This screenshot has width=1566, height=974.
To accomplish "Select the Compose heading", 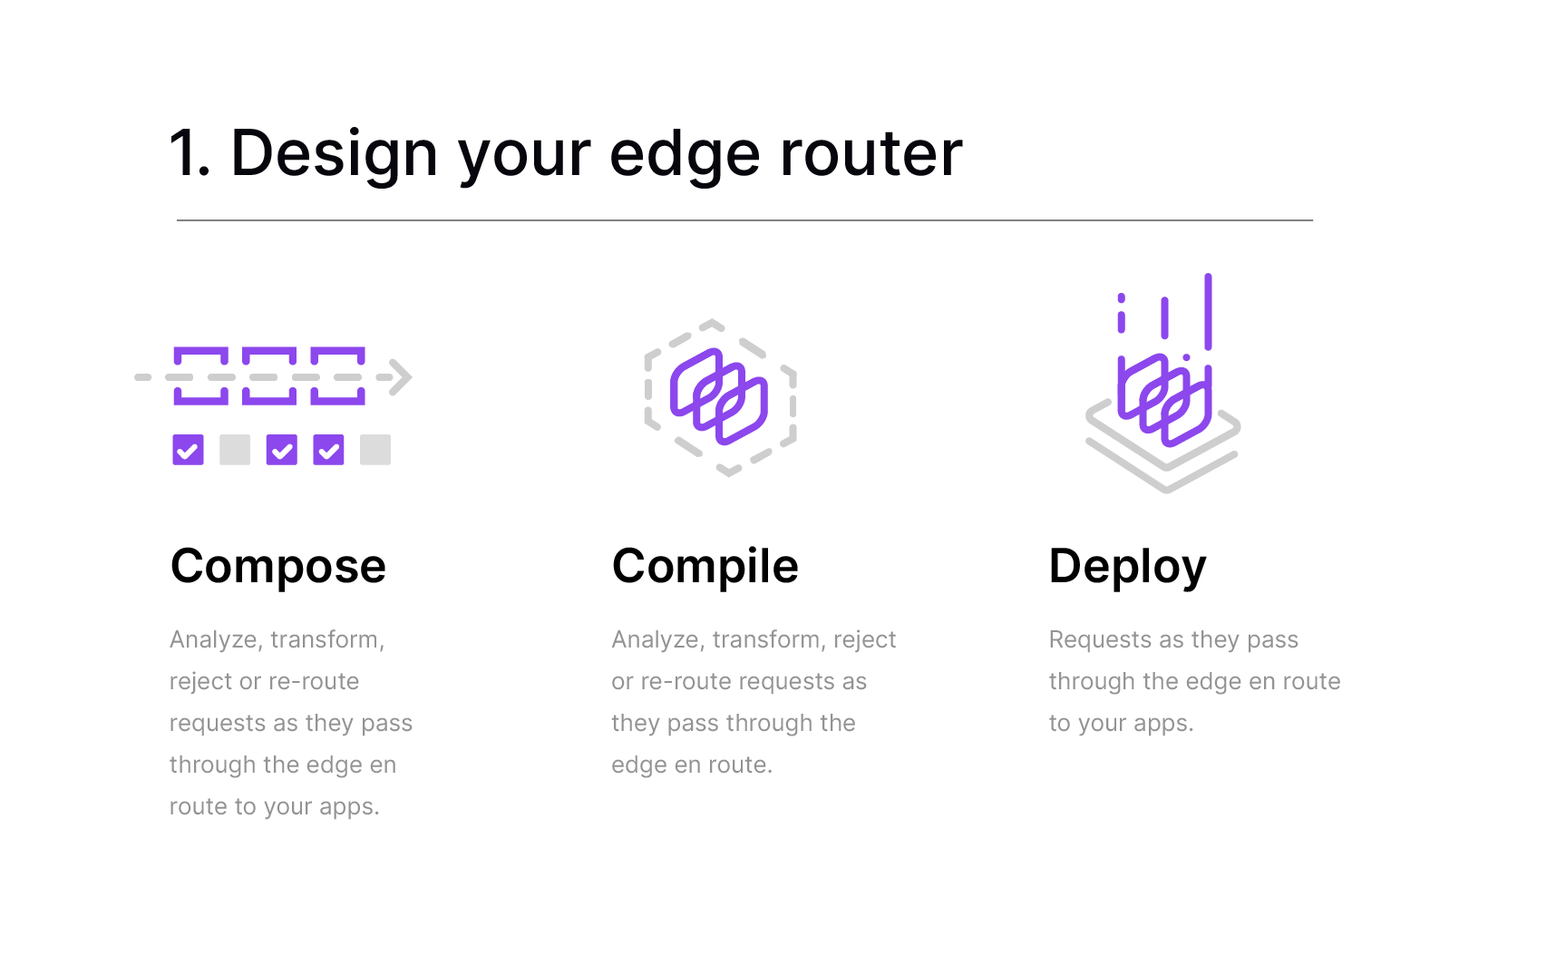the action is [x=278, y=567].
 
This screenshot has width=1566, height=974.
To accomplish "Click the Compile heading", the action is [x=705, y=567].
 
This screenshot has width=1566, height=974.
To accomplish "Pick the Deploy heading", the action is [x=1127, y=567].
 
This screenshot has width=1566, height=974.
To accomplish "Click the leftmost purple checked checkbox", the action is [x=188, y=450].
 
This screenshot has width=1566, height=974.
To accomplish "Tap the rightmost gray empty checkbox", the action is [x=375, y=450].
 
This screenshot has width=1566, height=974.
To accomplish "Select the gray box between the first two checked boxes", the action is [x=235, y=450].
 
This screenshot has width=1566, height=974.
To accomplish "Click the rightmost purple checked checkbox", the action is [x=328, y=450].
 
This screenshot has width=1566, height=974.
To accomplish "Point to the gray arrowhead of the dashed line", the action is [x=401, y=377].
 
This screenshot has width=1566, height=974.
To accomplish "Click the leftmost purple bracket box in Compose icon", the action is [x=200, y=351].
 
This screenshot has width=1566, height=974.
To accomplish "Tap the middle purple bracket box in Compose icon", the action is [x=269, y=351].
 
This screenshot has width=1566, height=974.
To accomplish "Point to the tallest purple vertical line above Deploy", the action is [x=1208, y=311].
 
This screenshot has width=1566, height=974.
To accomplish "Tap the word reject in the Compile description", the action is [x=865, y=640].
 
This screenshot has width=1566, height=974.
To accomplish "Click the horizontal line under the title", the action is [x=744, y=220].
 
